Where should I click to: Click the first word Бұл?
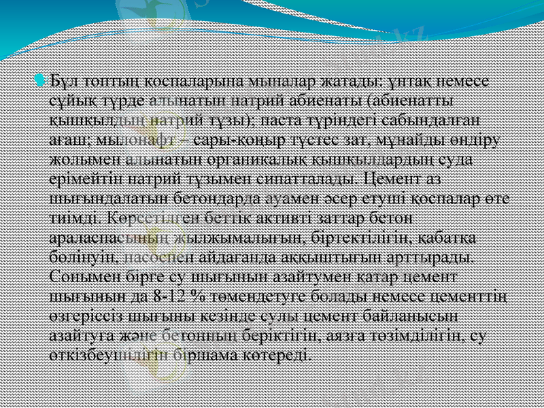65,83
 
